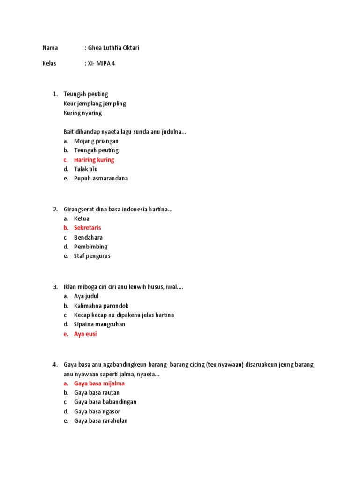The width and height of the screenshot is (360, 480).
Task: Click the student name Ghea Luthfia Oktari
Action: click(x=113, y=48)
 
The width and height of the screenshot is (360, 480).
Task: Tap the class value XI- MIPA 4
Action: click(x=101, y=63)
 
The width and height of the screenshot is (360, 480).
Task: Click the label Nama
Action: click(x=50, y=48)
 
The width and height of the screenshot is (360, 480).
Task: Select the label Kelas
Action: click(x=49, y=63)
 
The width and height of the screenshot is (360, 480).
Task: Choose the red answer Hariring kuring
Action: click(x=94, y=160)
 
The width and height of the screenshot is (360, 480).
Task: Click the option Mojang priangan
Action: click(x=96, y=141)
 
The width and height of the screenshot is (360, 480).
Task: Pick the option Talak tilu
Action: click(x=86, y=169)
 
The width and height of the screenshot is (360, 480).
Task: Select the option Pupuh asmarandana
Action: click(x=101, y=179)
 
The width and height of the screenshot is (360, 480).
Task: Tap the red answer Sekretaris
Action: click(x=87, y=228)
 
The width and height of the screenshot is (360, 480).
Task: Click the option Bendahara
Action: click(x=88, y=237)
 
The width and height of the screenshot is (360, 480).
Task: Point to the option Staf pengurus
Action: click(x=92, y=256)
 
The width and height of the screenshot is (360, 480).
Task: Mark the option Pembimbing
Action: click(x=90, y=247)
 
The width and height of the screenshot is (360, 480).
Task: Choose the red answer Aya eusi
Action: click(x=85, y=334)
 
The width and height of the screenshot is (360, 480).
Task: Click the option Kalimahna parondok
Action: click(x=101, y=306)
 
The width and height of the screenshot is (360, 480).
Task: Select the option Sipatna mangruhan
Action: click(x=99, y=324)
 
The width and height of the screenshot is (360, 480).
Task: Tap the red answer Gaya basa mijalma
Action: click(x=99, y=383)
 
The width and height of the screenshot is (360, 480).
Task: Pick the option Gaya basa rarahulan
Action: click(x=101, y=421)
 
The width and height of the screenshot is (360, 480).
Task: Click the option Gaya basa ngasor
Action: click(x=96, y=412)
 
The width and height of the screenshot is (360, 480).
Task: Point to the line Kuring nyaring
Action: click(x=82, y=113)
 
